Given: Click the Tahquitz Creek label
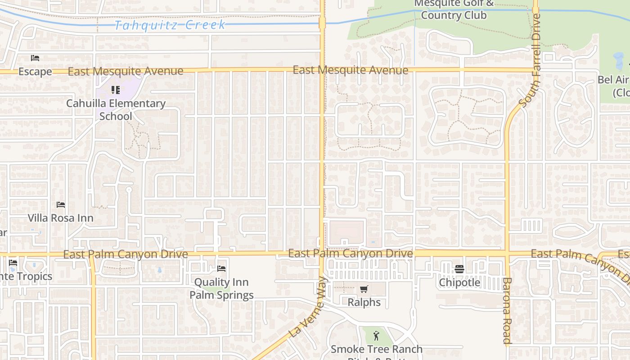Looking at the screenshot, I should coord(170,25).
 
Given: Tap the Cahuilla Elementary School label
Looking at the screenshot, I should coord(116,109).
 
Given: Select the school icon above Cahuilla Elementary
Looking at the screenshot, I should coord(116,90).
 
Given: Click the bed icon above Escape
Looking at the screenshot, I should coord(35,58).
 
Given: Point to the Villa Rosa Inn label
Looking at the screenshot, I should coord(61,218).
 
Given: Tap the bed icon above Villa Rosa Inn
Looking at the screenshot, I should coord(61,205).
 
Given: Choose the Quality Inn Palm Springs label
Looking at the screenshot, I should coord(221,288).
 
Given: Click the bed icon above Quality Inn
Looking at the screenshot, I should coord(221,269).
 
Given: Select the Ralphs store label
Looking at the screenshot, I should coord(364,302).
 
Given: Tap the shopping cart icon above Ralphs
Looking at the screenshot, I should coord(364,289).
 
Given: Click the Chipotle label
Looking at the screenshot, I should coord(459,283).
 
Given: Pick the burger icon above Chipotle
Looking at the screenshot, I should coord(459,269).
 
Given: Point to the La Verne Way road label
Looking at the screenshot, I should coord(308,307).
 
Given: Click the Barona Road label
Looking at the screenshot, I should coord(507,310).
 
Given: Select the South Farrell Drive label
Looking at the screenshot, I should coord(530,61).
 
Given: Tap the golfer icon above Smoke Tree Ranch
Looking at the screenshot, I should coord(377,335).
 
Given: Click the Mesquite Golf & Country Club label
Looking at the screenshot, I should coord(454,9).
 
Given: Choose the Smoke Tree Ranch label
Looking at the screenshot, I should coord(377,350).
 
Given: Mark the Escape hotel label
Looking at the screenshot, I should coord(35,72).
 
